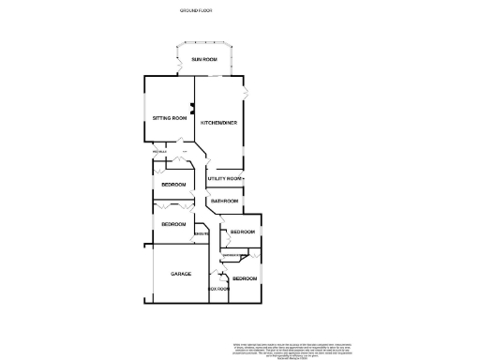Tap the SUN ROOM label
pyautogui.click(x=204, y=60)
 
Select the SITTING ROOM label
pyautogui.click(x=170, y=118)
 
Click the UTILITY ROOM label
pyautogui.click(x=225, y=178)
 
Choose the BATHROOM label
pyautogui.click(x=224, y=202)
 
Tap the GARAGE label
pyautogui.click(x=181, y=274)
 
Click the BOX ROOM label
pyautogui.click(x=218, y=289)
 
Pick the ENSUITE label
pyautogui.click(x=202, y=232)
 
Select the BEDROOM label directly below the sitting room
pyautogui.click(x=173, y=185)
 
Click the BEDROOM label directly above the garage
pyautogui.click(x=173, y=224)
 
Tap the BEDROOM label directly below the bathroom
pyautogui.click(x=243, y=232)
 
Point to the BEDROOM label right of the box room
pyautogui.click(x=245, y=279)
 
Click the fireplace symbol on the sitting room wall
pyautogui.click(x=192, y=108)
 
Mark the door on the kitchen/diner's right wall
pyautogui.click(x=247, y=94)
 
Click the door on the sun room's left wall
pyautogui.click(x=177, y=67)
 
